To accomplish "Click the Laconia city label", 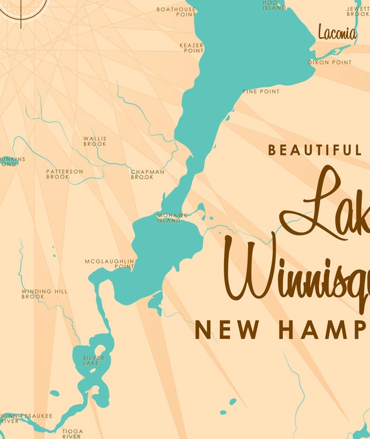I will point(337,33).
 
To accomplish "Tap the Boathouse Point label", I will point(176,12).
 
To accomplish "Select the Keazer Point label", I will point(192,48).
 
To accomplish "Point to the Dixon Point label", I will point(329,63).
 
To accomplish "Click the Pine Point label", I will point(261,92).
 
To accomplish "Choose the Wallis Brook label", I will point(95,142).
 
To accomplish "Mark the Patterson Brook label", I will point(65,175).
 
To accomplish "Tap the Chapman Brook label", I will point(148,175).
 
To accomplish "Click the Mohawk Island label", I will point(169,218).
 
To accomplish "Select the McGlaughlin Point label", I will point(110,264).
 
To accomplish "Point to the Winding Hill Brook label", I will point(44,294).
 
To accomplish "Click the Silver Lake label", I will point(93,361).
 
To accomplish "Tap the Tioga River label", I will point(72,434).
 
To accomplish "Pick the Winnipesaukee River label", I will point(25,419).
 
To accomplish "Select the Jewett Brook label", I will point(358,12).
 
